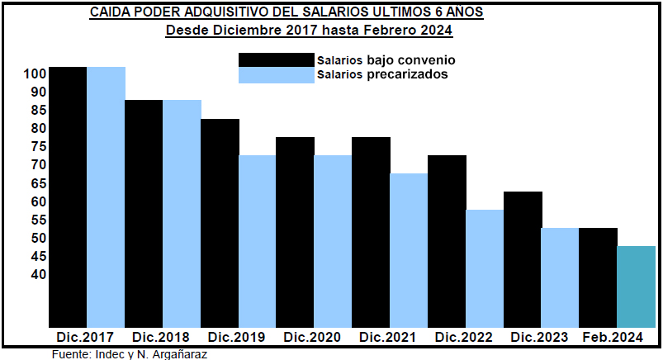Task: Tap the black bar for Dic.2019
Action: coord(220,223)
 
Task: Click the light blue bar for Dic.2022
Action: coord(485,268)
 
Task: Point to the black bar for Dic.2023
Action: coord(523,259)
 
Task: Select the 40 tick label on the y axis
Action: coord(38,274)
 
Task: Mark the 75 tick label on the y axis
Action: coord(38,147)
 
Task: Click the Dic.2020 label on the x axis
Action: coord(312,338)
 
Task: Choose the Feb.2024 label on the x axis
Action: coord(613,338)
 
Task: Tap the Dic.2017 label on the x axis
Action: coord(85,338)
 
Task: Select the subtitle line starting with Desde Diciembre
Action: coord(310,31)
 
